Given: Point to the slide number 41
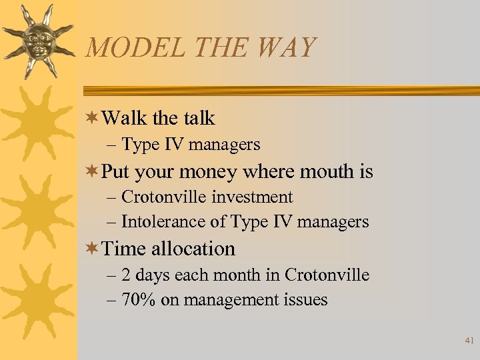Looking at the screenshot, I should point(469,341).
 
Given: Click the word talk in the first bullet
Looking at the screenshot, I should point(199,118).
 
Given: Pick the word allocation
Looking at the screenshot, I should point(193,249).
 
